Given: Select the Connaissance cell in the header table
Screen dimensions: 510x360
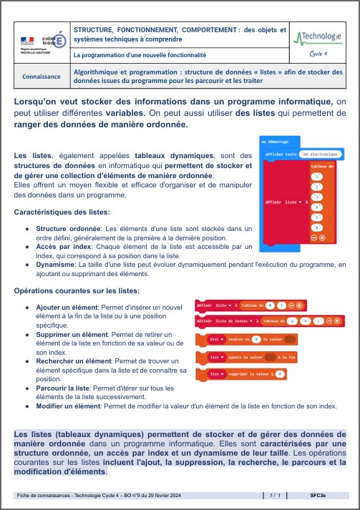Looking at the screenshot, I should pyautogui.click(x=41, y=74).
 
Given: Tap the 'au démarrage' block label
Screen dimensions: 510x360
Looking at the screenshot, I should pyautogui.click(x=274, y=142).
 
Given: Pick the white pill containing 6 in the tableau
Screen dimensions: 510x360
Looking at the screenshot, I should pyautogui.click(x=318, y=226).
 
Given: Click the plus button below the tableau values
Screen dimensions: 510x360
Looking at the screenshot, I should pyautogui.click(x=323, y=237).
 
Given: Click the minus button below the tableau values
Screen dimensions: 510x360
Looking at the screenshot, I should pyautogui.click(x=314, y=237).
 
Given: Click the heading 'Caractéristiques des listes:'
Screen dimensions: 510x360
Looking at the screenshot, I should pyautogui.click(x=62, y=212).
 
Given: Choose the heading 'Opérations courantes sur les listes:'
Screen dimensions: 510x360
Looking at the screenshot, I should pyautogui.click(x=77, y=291).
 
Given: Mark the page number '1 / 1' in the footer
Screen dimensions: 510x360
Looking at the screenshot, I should pyautogui.click(x=274, y=494).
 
